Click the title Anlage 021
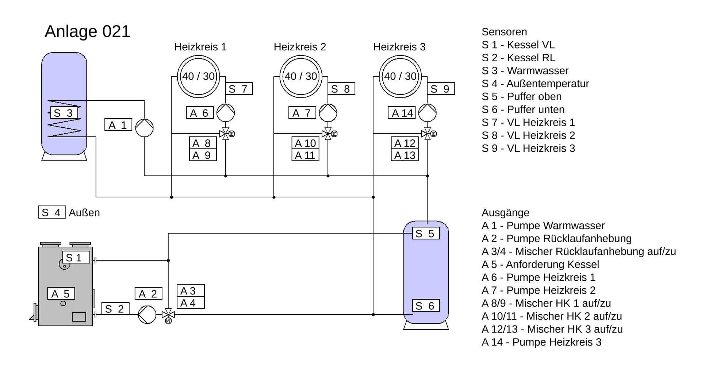87,31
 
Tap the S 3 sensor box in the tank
64,113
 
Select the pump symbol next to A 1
144,128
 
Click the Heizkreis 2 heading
300,47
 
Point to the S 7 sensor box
239,89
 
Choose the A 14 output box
402,113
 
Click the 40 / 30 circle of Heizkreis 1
199,76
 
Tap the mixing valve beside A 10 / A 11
329,134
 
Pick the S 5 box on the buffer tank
426,233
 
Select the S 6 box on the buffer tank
426,306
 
